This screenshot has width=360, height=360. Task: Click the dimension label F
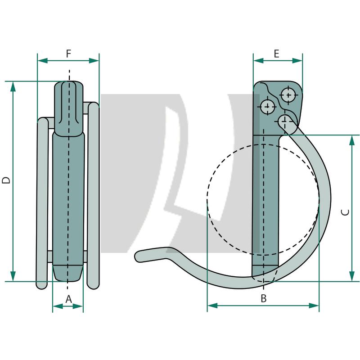pyautogui.click(x=68, y=54)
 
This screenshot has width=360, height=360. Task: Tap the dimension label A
pyautogui.click(x=68, y=298)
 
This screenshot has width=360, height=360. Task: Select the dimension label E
pyautogui.click(x=276, y=54)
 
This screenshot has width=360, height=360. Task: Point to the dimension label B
pyautogui.click(x=264, y=298)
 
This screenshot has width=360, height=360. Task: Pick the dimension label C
pyautogui.click(x=345, y=211)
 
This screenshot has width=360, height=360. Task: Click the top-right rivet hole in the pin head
pyautogui.click(x=288, y=95)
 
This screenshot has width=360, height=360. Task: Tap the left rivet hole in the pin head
pyautogui.click(x=267, y=107)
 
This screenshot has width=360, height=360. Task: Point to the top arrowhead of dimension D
pyautogui.click(x=13, y=86)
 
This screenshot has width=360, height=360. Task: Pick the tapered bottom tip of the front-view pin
pyautogui.click(x=68, y=273)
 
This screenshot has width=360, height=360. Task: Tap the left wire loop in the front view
pyautogui.click(x=42, y=202)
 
